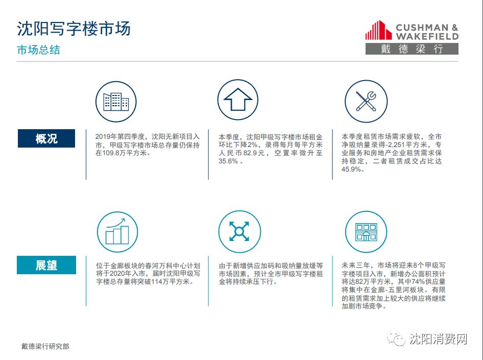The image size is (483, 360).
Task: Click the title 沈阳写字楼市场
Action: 74,29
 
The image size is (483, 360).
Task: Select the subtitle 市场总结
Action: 38,50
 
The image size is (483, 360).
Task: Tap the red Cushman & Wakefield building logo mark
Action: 378,30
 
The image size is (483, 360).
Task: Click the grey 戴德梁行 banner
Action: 412,49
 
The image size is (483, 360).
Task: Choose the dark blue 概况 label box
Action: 46,138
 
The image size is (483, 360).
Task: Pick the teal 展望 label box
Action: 46,265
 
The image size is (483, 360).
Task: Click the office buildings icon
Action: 116,102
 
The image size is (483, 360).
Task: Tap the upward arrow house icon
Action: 238,100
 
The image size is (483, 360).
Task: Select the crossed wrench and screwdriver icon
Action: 366,101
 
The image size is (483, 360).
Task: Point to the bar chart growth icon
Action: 117,232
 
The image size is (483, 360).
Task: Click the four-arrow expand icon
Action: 239,232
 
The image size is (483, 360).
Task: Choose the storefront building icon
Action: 366,232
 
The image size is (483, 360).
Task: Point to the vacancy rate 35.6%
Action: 228,161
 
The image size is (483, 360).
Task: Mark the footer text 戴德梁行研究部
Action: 45,346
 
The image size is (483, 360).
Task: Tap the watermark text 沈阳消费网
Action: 439,339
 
